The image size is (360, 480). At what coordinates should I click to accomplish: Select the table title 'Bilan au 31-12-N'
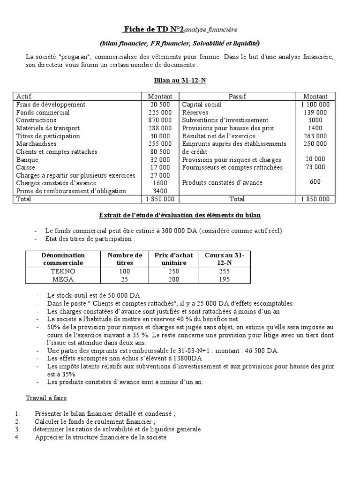coord(180,81)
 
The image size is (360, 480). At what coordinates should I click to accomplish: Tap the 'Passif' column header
coord(237,97)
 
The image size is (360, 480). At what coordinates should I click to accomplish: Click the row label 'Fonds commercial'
coord(43,112)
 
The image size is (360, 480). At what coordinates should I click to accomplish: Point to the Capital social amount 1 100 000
coord(315,105)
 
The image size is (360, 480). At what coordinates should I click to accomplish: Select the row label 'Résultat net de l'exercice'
coord(215,136)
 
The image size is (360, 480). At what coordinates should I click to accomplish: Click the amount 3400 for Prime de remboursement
coord(160,191)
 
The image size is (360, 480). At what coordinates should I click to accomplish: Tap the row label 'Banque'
coord(27,160)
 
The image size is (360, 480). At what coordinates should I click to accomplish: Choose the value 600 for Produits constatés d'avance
coord(315,182)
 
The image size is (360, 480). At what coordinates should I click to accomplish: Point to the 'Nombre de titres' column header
coord(125,259)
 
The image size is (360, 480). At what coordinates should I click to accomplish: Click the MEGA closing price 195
coord(224,279)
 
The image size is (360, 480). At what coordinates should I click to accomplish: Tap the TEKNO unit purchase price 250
coord(174,271)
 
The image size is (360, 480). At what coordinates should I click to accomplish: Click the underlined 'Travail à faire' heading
coord(46,398)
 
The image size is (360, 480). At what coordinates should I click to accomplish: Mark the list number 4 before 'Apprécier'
coord(16,437)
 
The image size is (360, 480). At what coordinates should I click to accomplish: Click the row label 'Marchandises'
coord(36,144)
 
